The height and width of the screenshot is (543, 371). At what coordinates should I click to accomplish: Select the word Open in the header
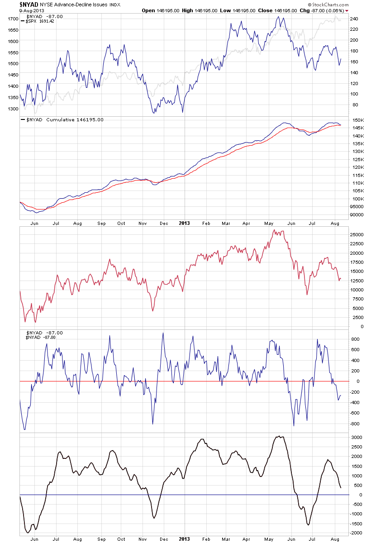pos(148,10)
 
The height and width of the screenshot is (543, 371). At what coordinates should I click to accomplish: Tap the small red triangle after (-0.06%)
pos(347,10)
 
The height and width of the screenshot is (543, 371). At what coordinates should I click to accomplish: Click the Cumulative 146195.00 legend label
pos(75,120)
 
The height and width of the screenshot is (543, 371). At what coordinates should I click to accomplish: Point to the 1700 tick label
pos(13,19)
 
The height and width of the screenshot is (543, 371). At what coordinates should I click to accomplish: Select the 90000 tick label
pos(359,214)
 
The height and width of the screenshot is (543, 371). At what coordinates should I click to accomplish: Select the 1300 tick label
pos(13,109)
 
